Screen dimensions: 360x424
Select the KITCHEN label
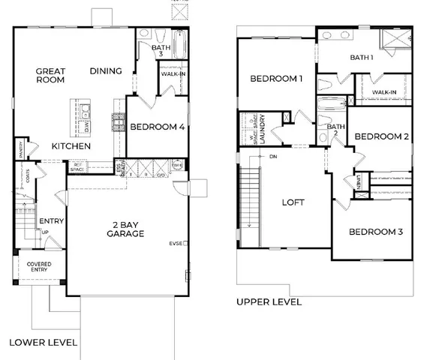point(71,145)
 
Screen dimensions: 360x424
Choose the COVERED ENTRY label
point(39,268)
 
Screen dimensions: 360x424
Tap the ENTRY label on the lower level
point(52,221)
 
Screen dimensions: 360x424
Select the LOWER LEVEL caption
point(43,342)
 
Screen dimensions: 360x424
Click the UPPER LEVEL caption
point(269,302)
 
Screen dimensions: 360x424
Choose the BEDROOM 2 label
point(381,136)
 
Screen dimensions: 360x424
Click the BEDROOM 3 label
point(376,232)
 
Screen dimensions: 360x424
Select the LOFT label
point(292,202)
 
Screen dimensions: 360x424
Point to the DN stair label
point(275,157)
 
